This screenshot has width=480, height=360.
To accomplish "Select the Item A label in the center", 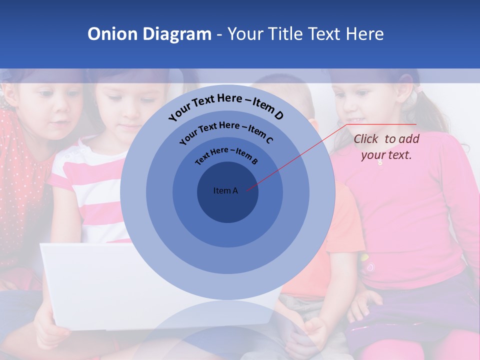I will tap(225, 190).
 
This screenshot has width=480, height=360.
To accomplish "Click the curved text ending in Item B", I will tap(226, 154).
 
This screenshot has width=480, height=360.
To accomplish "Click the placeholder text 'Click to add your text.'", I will tap(386, 147).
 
